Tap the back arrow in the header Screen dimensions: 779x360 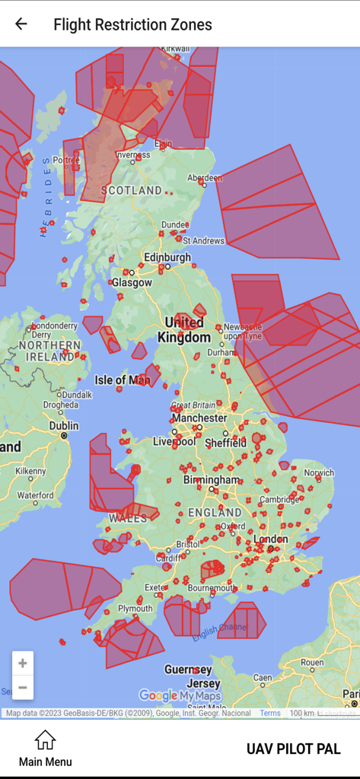pos(21,24)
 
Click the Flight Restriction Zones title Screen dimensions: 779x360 pos(132,24)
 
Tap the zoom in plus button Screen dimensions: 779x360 pos(23,663)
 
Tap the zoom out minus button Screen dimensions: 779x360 pos(23,688)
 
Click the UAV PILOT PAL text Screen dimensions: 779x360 pos(293,749)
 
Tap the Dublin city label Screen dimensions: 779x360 pos(64,426)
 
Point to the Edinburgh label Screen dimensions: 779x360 pos(167,258)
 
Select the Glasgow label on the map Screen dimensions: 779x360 pos(132,282)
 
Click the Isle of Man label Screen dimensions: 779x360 pos(122,380)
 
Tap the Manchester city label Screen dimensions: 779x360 pos(199,418)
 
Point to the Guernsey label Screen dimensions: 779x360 pos(187,669)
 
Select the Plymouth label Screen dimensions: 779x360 pos(135,609)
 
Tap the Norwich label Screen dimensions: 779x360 pos(319,473)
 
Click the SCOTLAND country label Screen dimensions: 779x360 pos(132,190)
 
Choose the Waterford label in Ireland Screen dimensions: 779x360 pos(35,495)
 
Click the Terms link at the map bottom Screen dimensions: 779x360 pos(270,714)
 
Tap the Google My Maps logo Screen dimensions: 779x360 pos(180,695)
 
